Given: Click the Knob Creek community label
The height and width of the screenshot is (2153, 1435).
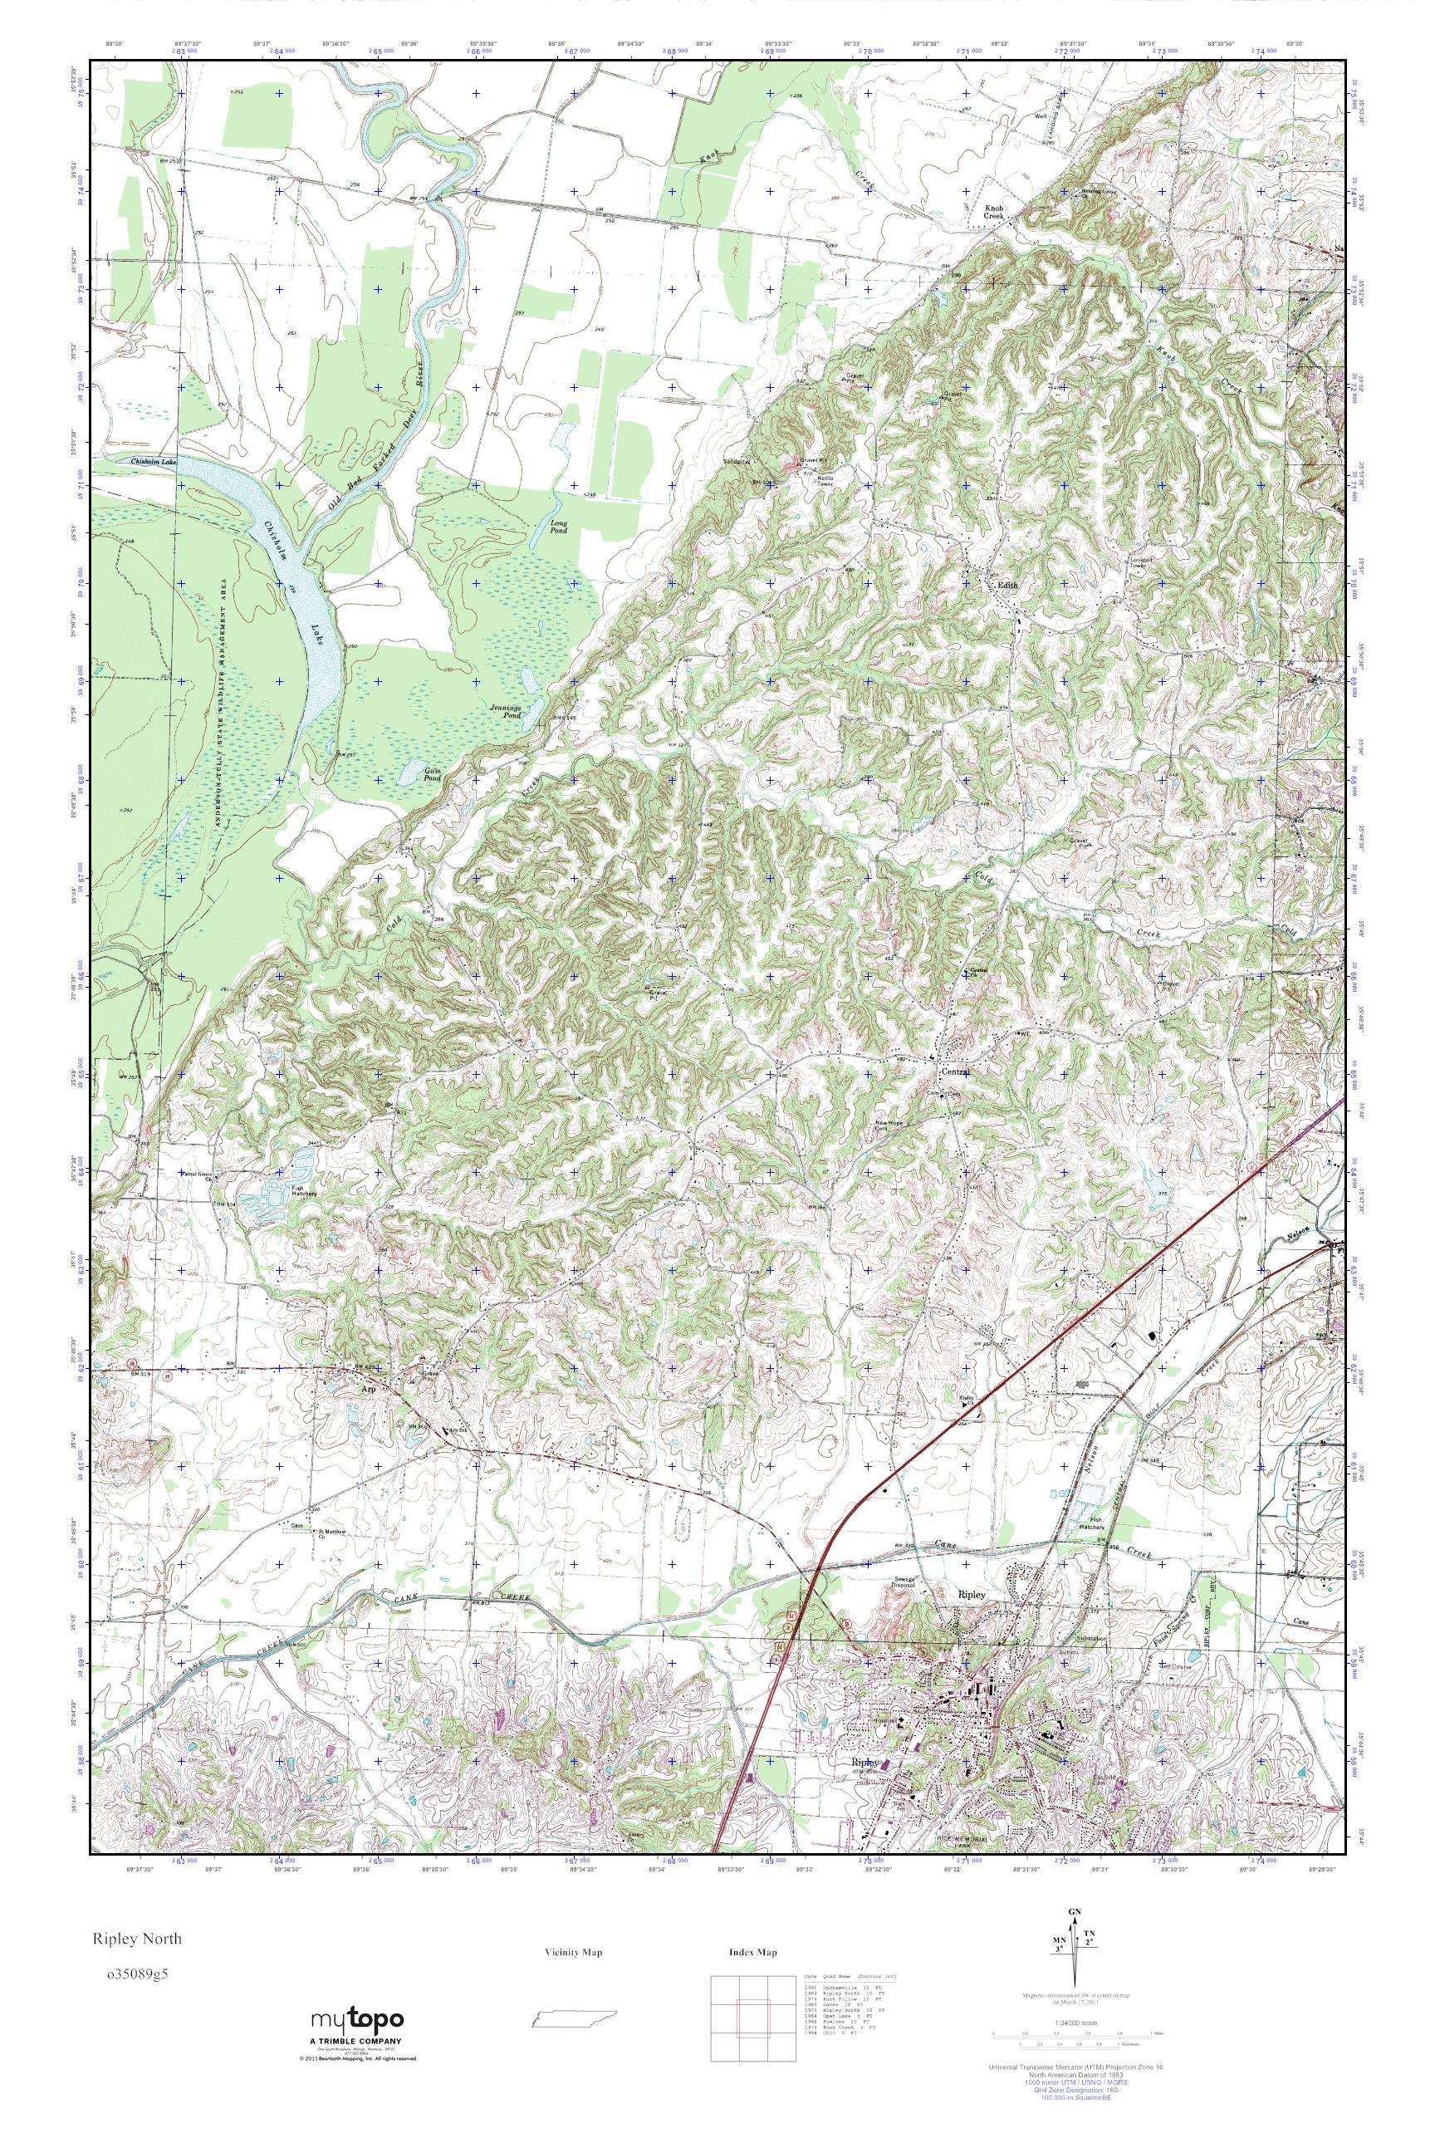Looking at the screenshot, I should [x=994, y=213].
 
